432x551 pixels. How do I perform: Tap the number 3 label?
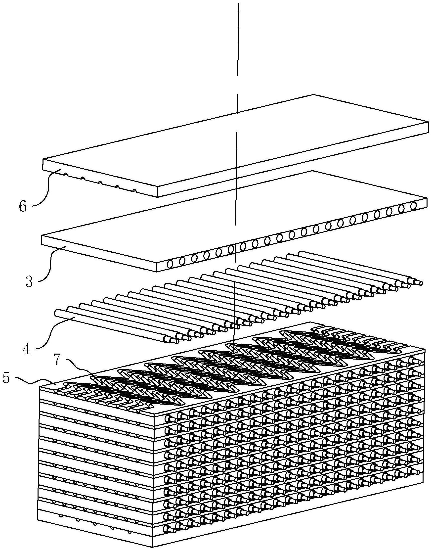tap(29, 282)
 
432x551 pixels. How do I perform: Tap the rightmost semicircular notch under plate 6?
tap(134, 191)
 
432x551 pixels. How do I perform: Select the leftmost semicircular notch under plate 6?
tap(66, 174)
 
